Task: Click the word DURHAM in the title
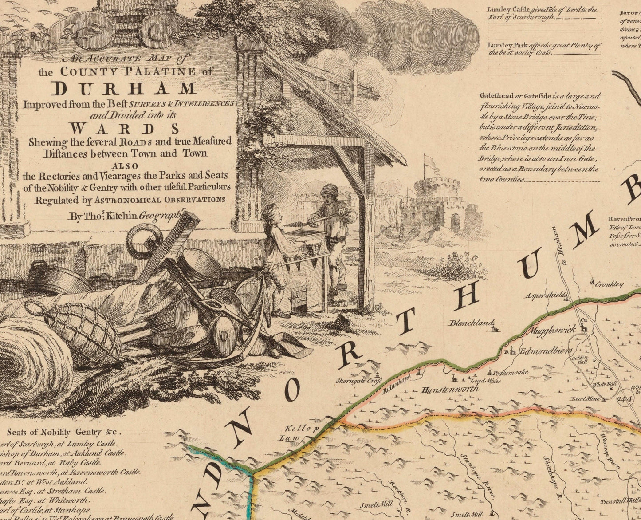click(123, 88)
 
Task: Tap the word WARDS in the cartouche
click(125, 129)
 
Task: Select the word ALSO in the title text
click(126, 166)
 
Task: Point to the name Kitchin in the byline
click(119, 217)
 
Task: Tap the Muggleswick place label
click(552, 330)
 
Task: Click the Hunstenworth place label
click(451, 390)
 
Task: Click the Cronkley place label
click(609, 284)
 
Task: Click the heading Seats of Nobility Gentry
click(64, 433)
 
